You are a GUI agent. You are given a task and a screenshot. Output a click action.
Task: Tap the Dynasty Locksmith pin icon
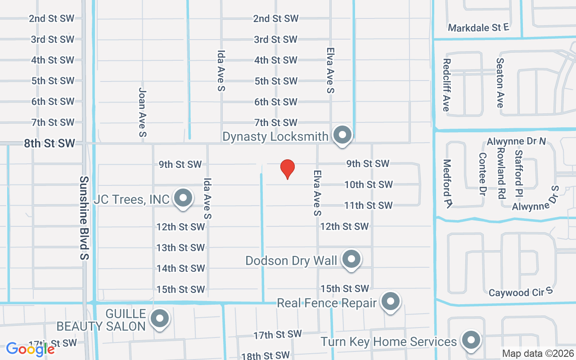pos(342,135)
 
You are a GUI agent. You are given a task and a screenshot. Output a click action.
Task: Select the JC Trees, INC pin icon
pos(183,198)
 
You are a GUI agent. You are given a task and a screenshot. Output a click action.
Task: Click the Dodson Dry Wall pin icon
pos(351,259)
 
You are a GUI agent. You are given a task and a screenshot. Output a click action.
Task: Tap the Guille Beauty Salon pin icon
pos(159,319)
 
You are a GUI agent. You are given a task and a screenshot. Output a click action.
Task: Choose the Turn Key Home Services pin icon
pos(471,340)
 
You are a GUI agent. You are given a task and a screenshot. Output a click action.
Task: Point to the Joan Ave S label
pos(143,112)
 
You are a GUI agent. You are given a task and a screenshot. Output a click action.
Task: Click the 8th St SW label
pos(49,144)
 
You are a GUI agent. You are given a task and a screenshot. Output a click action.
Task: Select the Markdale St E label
pos(478,28)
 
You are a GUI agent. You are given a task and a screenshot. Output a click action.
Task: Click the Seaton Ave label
pos(499,83)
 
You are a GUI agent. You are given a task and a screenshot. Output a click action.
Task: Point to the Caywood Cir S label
pos(521,292)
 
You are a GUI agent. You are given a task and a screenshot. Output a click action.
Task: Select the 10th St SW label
pos(369,184)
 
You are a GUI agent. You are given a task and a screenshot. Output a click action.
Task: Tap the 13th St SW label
pos(180,247)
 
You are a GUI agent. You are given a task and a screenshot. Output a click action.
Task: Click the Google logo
pos(31,349)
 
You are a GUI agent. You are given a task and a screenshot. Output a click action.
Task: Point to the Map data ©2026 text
pos(537,354)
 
